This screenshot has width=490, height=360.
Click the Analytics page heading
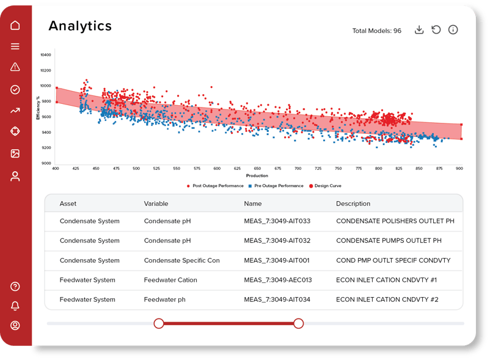point(80,26)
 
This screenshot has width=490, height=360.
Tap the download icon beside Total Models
point(419,30)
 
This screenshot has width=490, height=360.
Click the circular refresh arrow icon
point(436,30)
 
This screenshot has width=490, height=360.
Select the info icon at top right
point(453,30)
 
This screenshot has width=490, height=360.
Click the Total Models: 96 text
point(376,31)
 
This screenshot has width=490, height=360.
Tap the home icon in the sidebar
point(15,25)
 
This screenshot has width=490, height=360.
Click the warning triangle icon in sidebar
point(15,67)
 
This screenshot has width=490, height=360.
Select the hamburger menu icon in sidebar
point(15,46)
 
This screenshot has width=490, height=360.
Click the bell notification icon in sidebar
point(15,306)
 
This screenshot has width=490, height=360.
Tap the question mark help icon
point(15,286)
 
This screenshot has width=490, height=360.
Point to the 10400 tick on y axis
point(46,55)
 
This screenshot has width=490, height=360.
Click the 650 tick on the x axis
point(257,168)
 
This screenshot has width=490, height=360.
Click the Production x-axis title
point(257,175)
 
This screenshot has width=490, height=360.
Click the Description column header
point(353,204)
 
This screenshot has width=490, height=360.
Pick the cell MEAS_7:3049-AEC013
point(277,280)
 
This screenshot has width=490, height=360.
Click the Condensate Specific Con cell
point(181,260)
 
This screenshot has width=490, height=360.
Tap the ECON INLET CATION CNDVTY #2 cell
point(387,299)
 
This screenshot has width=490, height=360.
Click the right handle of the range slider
point(298,323)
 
